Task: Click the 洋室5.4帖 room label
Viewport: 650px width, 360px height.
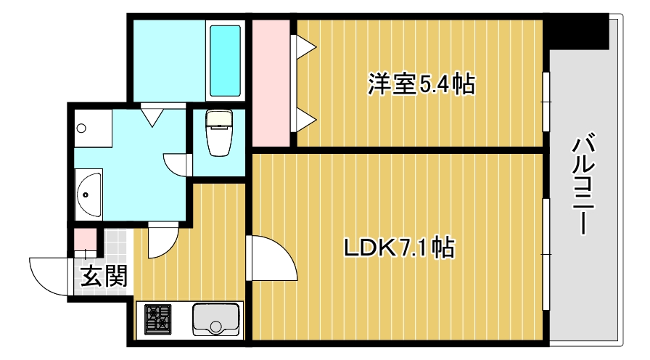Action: click(421, 85)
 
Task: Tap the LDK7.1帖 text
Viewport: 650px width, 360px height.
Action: click(398, 248)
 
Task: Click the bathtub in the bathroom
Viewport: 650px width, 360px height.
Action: click(225, 61)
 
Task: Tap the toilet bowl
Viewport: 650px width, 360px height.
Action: click(218, 134)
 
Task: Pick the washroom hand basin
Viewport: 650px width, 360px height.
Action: click(89, 194)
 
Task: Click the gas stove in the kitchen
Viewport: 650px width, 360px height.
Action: click(160, 319)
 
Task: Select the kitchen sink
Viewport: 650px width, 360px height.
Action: click(215, 319)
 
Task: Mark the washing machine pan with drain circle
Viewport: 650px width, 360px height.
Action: click(91, 128)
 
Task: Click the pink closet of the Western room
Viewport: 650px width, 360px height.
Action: click(270, 83)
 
